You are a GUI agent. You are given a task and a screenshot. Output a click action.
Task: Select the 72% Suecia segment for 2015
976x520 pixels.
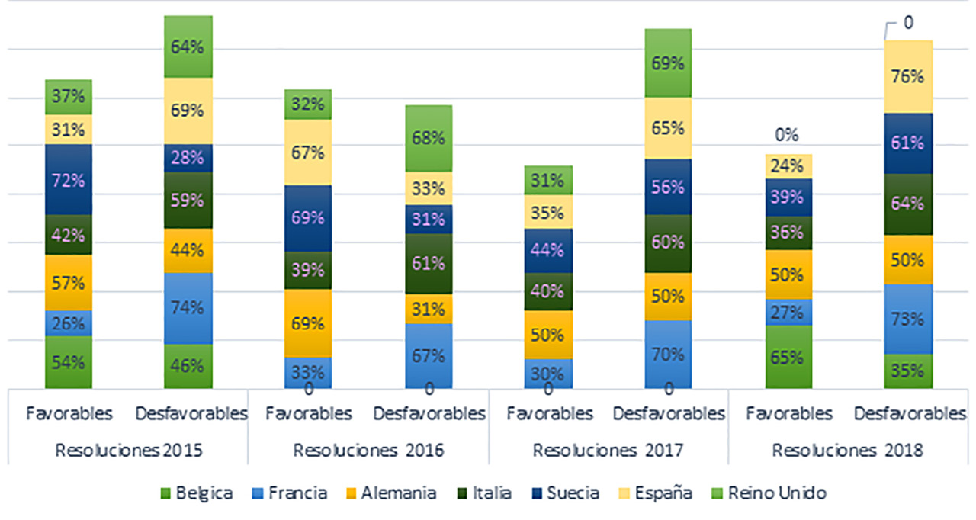69,180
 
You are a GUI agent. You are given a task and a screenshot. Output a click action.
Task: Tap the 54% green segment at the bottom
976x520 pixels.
69,362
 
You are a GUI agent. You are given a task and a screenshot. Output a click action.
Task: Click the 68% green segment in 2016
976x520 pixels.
429,139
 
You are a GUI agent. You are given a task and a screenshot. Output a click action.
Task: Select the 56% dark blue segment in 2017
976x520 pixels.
668,187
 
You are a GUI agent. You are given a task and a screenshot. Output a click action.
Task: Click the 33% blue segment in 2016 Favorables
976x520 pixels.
308,372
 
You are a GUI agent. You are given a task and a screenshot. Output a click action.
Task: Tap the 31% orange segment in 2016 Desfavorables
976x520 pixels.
429,309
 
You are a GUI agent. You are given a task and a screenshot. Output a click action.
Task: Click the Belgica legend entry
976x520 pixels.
195,493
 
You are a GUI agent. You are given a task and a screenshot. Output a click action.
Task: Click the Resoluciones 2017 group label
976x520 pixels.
608,450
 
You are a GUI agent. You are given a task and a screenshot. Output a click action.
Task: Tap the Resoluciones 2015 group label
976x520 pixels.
129,450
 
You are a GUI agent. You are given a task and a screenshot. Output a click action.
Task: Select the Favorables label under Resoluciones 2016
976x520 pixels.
308,414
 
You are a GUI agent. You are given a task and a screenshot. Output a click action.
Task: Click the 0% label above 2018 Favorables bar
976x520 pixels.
787,136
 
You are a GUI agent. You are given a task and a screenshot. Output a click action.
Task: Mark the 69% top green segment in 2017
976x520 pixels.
668,63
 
